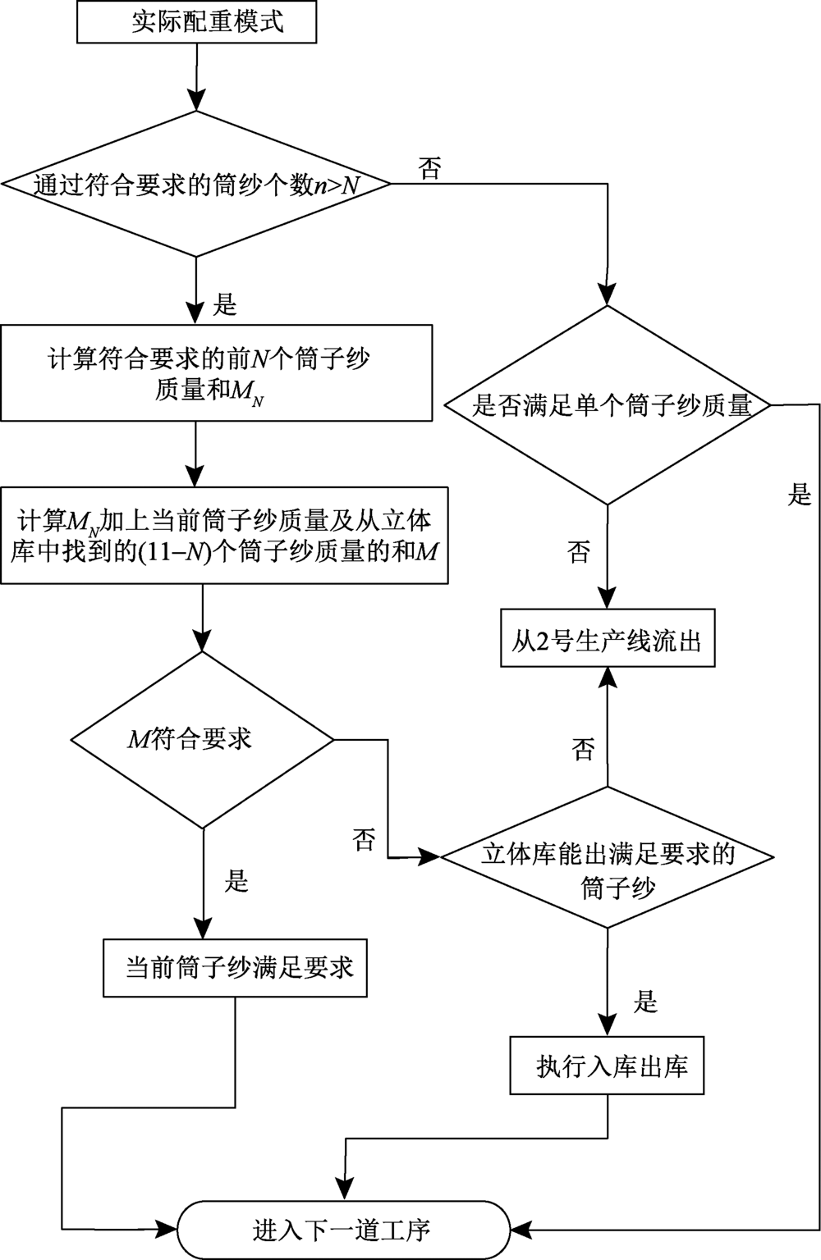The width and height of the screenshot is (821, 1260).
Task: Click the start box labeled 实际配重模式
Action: click(x=196, y=22)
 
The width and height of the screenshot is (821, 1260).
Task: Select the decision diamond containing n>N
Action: click(x=197, y=185)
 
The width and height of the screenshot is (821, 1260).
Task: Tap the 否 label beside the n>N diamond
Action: click(x=430, y=170)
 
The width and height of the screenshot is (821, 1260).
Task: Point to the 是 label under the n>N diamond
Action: click(x=224, y=305)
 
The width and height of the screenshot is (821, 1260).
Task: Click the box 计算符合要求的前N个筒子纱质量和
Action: click(x=216, y=373)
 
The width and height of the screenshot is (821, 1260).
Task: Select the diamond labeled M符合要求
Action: click(x=203, y=740)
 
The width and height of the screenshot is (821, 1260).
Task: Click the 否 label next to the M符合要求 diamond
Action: click(x=365, y=839)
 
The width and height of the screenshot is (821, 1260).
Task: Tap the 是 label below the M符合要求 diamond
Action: click(x=236, y=882)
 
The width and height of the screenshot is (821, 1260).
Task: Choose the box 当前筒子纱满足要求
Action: click(x=236, y=968)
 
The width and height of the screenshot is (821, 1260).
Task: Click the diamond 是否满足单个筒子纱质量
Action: click(x=608, y=405)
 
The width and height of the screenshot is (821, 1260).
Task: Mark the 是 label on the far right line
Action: click(x=800, y=495)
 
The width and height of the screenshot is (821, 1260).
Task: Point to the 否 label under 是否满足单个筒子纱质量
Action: click(x=579, y=552)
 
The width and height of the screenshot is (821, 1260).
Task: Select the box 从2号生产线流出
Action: click(x=608, y=637)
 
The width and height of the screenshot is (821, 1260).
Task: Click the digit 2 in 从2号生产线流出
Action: click(x=543, y=638)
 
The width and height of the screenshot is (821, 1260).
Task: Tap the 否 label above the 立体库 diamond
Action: click(x=584, y=748)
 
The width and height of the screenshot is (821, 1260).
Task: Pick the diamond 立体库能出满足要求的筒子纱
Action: click(x=608, y=857)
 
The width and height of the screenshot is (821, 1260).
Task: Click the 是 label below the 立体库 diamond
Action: click(x=647, y=1002)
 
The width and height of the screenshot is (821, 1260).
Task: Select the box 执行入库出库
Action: click(x=608, y=1066)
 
